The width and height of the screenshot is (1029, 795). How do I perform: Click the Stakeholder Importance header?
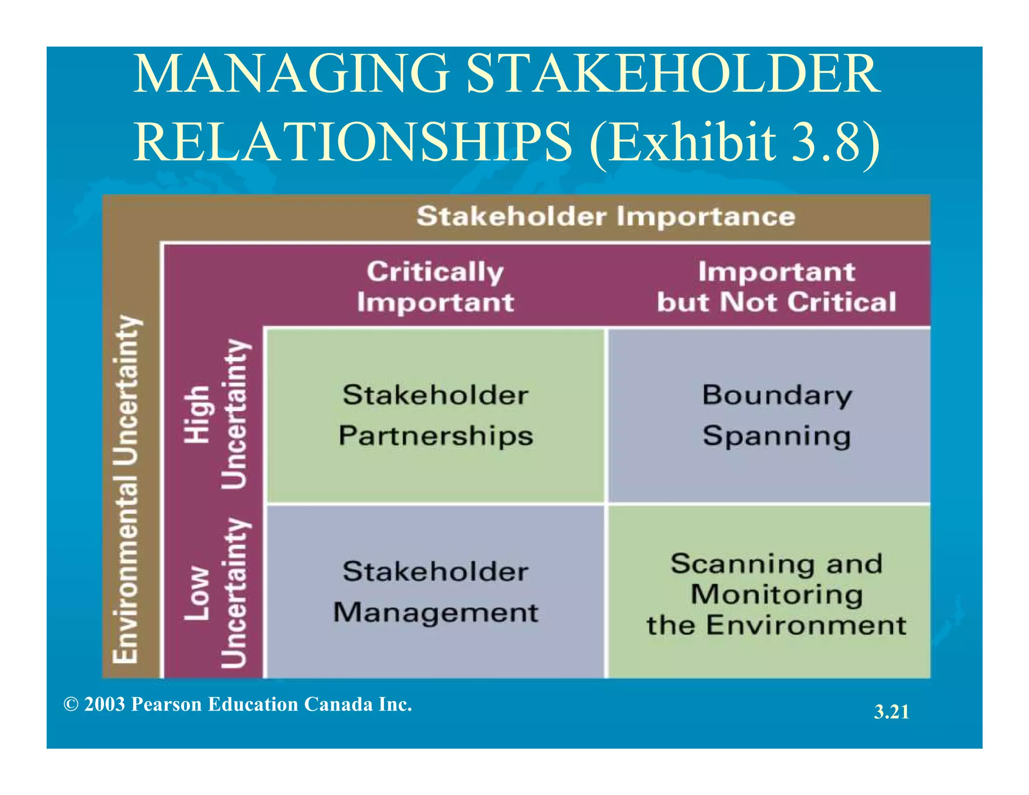[605, 217]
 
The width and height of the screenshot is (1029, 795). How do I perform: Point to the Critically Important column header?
[435, 287]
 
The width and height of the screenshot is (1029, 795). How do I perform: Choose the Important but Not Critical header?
[776, 287]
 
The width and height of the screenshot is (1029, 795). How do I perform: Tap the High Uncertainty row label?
[216, 414]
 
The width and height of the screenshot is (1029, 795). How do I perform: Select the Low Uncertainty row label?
[216, 593]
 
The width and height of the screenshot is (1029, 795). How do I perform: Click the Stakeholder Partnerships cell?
[435, 415]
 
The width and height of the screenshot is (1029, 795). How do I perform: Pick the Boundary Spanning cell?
[776, 415]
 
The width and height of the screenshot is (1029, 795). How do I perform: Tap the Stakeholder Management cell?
[435, 592]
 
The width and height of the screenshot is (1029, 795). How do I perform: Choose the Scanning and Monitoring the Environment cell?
[776, 594]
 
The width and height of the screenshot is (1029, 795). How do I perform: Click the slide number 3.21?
[891, 712]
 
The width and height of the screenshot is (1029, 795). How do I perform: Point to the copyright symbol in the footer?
[71, 705]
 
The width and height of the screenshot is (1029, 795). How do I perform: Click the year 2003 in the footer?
[105, 705]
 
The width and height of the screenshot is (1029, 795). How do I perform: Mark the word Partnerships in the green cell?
[436, 436]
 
